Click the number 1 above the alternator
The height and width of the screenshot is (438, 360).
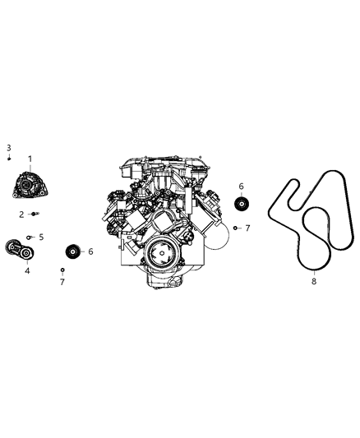tap(30, 158)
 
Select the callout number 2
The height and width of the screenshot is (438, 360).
tap(22, 214)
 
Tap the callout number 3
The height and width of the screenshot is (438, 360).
tap(8, 147)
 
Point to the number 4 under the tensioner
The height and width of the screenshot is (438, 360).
tap(26, 270)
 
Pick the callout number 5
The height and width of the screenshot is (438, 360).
tap(41, 237)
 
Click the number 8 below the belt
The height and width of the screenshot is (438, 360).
tap(313, 281)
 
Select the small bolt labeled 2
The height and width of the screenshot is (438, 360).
tap(34, 214)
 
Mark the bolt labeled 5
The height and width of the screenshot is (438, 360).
tap(30, 237)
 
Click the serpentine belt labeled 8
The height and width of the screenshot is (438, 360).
tap(316, 222)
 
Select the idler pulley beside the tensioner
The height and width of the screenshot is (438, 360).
tap(72, 251)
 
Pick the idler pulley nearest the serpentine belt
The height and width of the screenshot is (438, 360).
tap(242, 205)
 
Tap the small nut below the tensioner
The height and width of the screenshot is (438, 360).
tap(62, 270)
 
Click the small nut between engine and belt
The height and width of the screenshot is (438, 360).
tap(235, 228)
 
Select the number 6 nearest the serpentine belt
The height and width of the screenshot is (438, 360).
tap(242, 187)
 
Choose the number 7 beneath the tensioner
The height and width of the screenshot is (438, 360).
tap(62, 282)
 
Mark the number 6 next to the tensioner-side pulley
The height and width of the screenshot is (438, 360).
tap(90, 251)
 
